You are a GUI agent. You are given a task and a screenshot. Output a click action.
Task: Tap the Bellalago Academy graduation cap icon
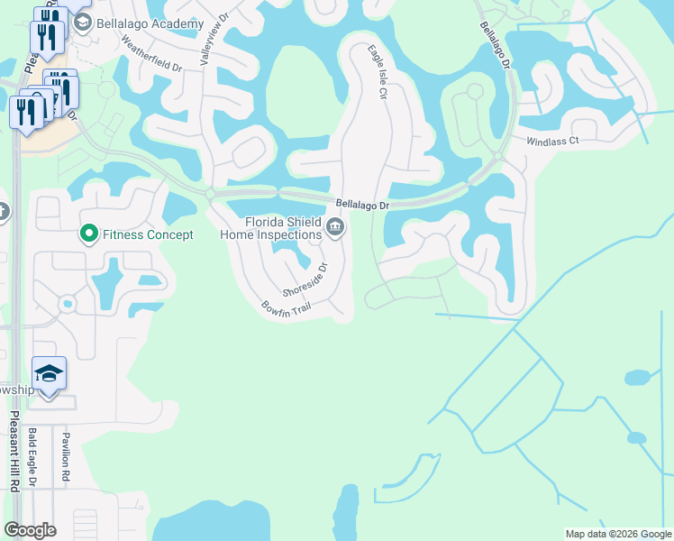(x=83, y=21)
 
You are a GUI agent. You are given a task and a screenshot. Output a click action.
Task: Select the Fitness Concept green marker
(x=88, y=234)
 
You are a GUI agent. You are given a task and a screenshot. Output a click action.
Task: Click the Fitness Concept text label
(x=148, y=235)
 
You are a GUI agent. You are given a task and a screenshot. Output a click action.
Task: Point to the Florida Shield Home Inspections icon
(x=336, y=226)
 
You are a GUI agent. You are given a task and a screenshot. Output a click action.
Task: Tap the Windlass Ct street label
(x=551, y=142)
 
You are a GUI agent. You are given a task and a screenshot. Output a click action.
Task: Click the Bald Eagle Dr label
(x=32, y=457)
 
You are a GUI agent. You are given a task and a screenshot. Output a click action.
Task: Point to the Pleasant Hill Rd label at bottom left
(x=14, y=451)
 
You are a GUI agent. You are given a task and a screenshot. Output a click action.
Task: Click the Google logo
(x=30, y=530)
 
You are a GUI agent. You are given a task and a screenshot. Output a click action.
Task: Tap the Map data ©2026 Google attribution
(x=617, y=534)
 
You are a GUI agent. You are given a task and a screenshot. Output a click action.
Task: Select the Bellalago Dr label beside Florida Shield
(x=363, y=205)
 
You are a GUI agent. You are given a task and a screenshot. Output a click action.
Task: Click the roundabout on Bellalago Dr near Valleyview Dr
(x=209, y=193)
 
